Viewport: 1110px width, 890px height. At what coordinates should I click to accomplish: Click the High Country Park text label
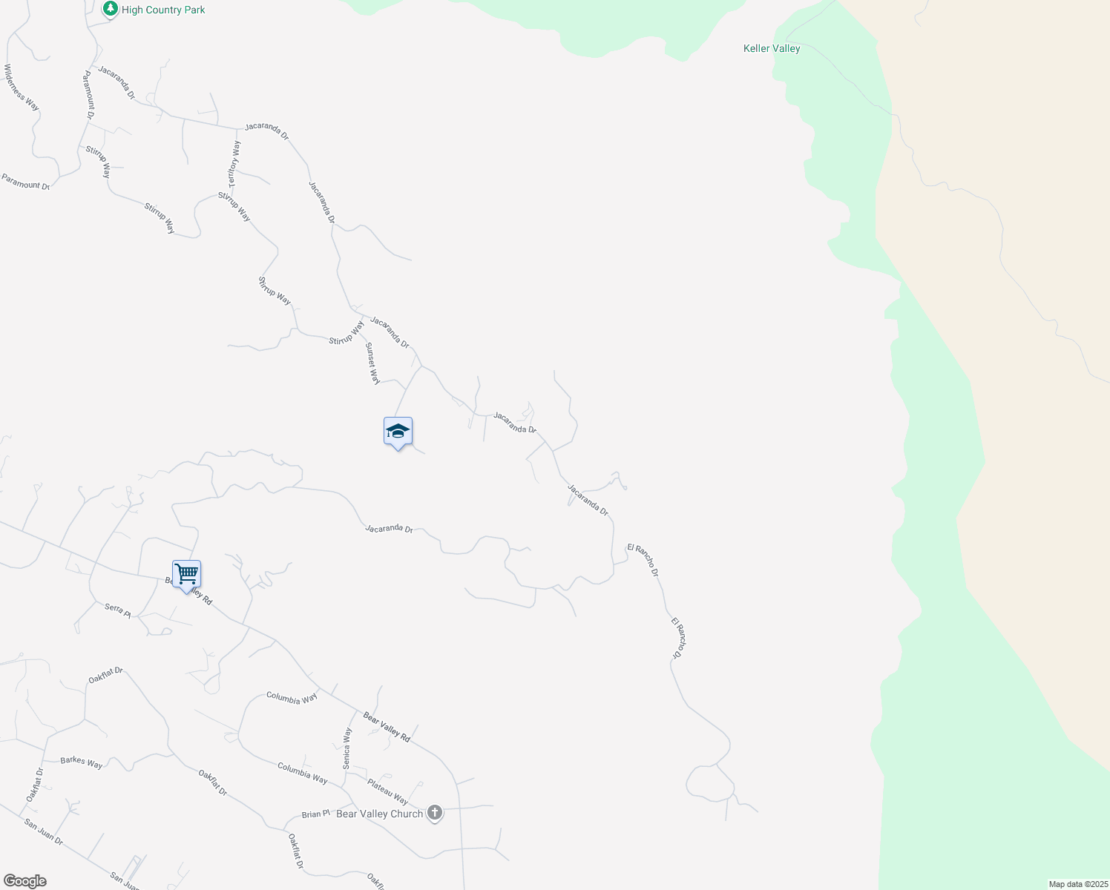[163, 10]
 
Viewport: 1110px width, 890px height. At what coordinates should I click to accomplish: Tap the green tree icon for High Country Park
[111, 9]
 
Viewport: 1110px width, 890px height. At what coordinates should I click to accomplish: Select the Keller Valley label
[772, 48]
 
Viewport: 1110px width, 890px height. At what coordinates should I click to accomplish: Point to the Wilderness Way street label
[22, 88]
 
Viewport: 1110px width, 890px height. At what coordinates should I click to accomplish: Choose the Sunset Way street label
[372, 363]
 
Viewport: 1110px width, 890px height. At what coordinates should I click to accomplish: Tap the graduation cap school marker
[398, 432]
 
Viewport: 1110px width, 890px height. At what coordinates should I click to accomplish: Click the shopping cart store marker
[186, 574]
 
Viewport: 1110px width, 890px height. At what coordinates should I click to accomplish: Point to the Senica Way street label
[347, 748]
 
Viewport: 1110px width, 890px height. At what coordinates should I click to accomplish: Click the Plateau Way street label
[387, 791]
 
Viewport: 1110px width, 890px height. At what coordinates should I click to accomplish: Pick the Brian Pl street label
[315, 814]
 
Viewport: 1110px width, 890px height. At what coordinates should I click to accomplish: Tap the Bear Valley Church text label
[379, 814]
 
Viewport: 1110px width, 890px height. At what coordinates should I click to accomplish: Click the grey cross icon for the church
[435, 814]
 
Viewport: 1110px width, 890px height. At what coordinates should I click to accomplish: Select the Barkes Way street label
[82, 762]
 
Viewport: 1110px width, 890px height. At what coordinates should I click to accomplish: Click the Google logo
[24, 881]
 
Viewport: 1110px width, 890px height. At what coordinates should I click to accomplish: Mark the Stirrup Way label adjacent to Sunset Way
[347, 333]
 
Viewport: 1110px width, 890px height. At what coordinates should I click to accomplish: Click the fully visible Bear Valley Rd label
[387, 727]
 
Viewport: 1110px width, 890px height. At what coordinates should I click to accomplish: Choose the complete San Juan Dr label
[44, 832]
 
